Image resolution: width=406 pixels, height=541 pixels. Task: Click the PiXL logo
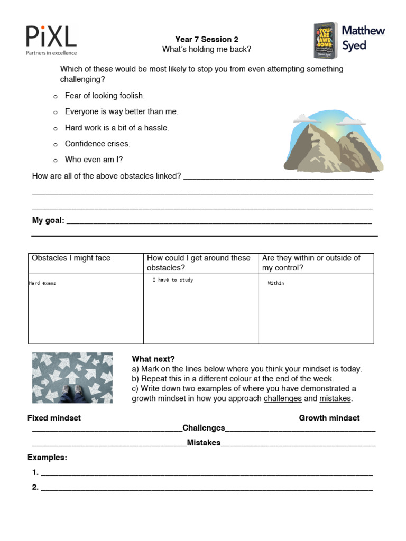(51, 40)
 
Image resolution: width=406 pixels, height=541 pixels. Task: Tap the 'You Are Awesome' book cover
(325, 40)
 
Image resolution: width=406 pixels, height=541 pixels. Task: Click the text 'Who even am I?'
(94, 160)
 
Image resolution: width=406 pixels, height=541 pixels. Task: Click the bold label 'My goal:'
(48, 220)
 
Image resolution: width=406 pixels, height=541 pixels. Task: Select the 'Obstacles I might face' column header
(71, 258)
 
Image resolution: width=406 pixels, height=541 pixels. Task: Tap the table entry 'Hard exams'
(42, 283)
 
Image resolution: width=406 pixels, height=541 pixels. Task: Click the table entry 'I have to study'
(173, 280)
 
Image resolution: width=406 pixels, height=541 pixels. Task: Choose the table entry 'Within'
(276, 283)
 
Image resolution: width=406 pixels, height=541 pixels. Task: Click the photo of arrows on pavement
(72, 378)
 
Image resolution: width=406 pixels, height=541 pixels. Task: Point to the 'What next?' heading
(153, 359)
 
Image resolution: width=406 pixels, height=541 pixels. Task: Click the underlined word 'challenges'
(283, 398)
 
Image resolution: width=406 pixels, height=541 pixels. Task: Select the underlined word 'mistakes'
(335, 398)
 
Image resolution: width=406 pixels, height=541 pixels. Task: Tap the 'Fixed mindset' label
(54, 418)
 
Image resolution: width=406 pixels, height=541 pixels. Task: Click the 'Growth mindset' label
(329, 418)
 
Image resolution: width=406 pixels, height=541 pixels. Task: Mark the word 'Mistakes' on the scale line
(204, 443)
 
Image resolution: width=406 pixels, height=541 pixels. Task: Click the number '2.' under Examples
(35, 487)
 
